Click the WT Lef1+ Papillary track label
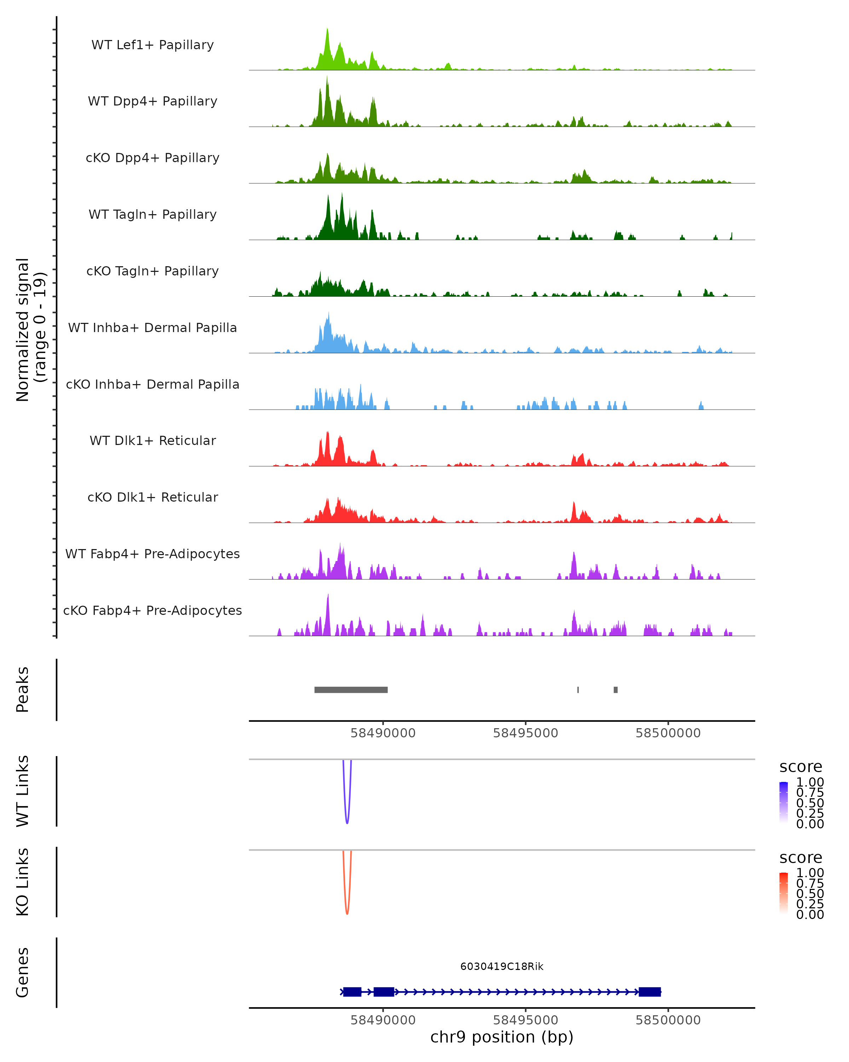(x=152, y=45)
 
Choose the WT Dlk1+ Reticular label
(x=152, y=440)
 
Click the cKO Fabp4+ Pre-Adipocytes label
(x=152, y=610)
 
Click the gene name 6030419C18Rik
(x=502, y=966)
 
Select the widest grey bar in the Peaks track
(x=351, y=690)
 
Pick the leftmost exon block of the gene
(x=352, y=992)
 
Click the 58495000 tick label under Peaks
(x=525, y=733)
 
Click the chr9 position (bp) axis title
(x=502, y=1037)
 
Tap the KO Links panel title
(x=23, y=882)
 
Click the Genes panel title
(x=23, y=972)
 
